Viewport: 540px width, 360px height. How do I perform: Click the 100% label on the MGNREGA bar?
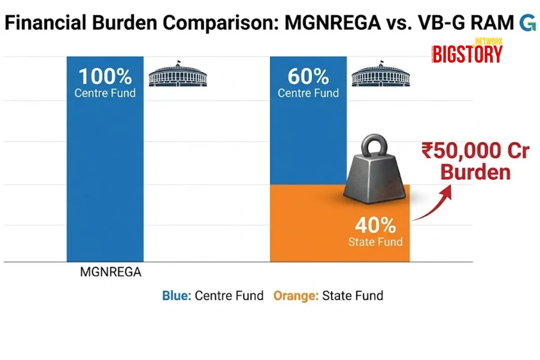[105, 77]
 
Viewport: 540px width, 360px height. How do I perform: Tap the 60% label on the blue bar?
[308, 77]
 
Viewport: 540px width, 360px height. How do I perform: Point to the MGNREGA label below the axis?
[111, 272]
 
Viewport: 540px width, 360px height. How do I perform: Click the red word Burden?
[476, 172]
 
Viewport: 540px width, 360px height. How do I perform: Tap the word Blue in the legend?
[177, 296]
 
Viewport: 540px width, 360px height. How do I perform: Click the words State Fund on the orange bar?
[375, 242]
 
